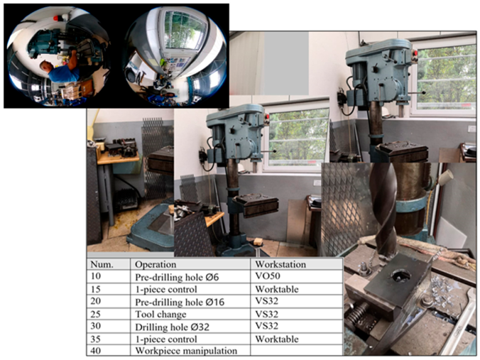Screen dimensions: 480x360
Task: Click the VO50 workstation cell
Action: click(x=296, y=277)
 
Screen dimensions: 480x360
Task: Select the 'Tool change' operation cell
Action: click(x=190, y=315)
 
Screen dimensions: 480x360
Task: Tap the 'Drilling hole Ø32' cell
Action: click(x=190, y=327)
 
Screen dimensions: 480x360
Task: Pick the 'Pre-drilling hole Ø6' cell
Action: click(x=190, y=277)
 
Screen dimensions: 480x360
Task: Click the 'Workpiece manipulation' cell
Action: click(x=190, y=350)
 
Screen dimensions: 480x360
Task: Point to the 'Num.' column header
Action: click(x=109, y=264)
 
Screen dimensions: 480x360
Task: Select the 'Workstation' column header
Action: click(x=296, y=264)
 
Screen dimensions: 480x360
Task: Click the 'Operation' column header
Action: click(x=190, y=264)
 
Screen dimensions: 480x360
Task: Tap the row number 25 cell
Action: click(x=109, y=315)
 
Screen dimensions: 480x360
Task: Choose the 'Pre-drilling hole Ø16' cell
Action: click(x=190, y=302)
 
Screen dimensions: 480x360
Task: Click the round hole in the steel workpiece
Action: click(x=400, y=276)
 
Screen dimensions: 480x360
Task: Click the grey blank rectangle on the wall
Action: click(x=287, y=63)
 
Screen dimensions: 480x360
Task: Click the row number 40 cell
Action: click(x=109, y=350)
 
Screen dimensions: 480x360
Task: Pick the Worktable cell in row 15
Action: click(x=296, y=289)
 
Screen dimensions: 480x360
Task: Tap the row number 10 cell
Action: click(x=109, y=277)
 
